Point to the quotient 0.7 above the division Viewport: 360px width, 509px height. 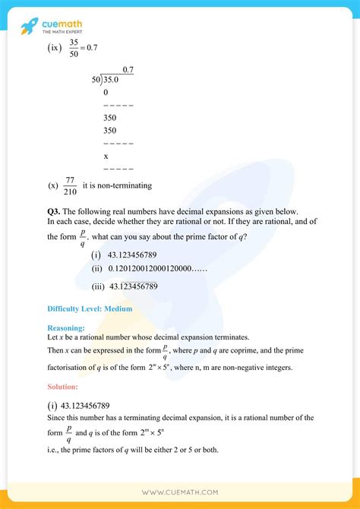tap(128, 70)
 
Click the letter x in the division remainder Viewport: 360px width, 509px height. tap(106, 156)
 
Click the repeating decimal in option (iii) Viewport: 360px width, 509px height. tap(134, 286)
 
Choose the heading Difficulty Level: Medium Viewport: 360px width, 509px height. tap(90, 309)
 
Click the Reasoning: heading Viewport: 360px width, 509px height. tap(65, 327)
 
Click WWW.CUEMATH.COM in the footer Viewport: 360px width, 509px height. tap(179, 492)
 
